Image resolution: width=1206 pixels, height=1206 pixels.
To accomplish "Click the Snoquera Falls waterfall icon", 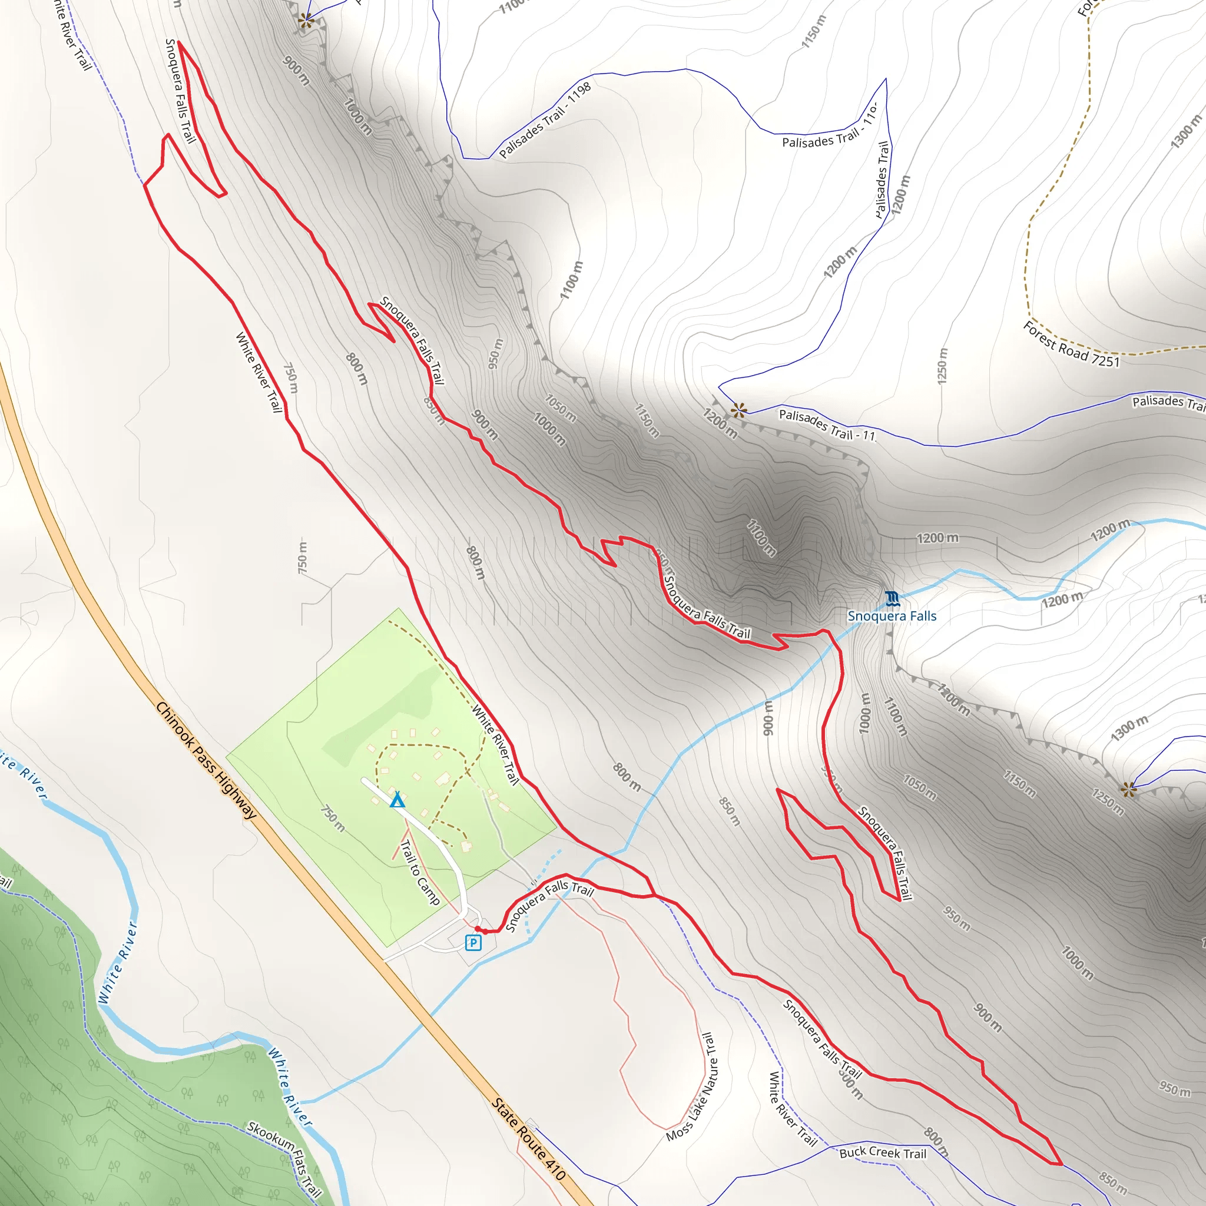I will coord(893,599).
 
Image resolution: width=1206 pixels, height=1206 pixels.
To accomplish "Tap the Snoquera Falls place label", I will coord(892,616).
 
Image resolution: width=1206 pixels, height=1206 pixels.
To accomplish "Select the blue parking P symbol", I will coord(473,943).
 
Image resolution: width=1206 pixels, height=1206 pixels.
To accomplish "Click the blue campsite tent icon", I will coord(397,800).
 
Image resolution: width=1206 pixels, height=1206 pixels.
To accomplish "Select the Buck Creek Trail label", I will coord(883,1153).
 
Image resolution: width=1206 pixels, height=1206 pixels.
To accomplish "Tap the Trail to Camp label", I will coord(420,873).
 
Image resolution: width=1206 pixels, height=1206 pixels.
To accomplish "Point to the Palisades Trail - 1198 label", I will coord(545,121).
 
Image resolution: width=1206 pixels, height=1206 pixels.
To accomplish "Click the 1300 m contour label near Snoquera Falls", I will coord(1129,728).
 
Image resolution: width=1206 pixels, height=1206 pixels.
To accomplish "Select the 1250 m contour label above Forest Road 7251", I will coord(943,366).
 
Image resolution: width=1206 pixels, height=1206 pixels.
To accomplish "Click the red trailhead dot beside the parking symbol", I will coord(478,929).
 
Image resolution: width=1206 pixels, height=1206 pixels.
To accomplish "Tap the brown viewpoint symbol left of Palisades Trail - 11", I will coord(739,410).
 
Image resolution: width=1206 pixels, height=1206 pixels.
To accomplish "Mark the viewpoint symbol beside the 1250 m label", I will coord(1128,790).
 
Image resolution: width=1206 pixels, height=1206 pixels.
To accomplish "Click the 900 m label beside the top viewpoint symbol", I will coord(296,71).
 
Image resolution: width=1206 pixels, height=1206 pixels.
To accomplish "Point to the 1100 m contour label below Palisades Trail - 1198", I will coord(572,280).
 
